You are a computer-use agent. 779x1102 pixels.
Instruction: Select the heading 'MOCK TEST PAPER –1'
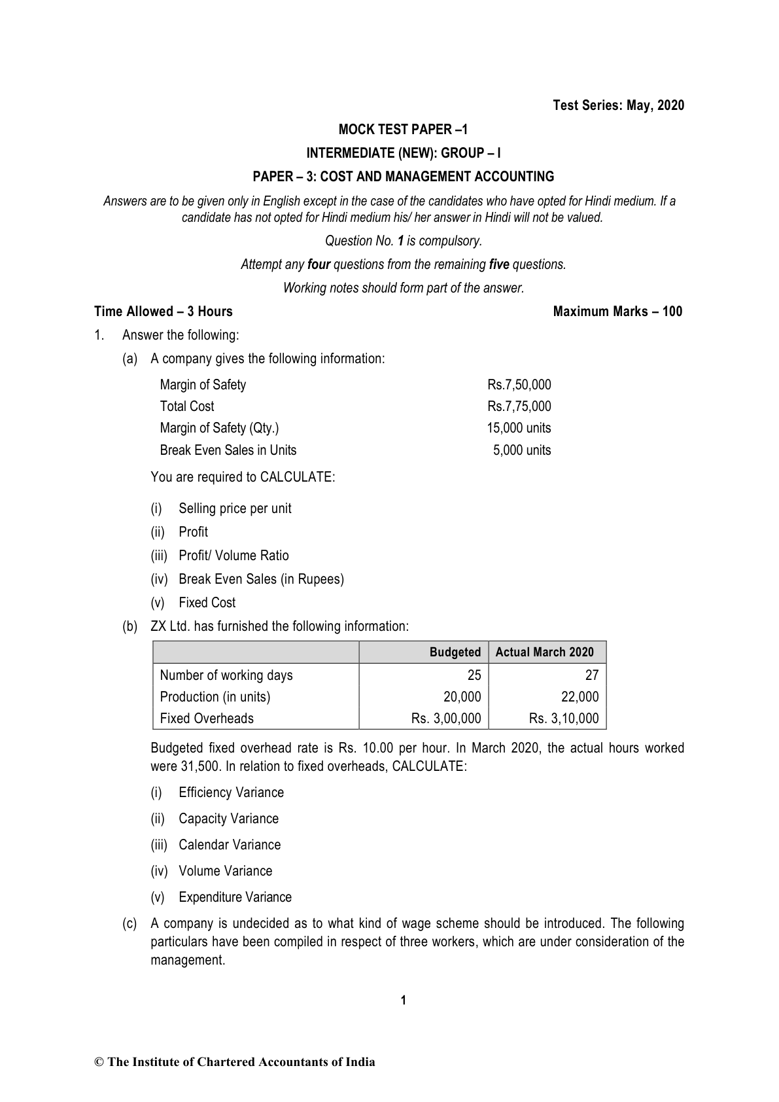coord(403,130)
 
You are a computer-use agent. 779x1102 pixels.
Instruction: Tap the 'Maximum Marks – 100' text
coord(617,311)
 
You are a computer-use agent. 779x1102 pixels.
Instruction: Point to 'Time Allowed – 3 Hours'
coord(164,311)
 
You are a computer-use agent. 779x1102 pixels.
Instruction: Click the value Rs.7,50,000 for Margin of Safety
coord(519,385)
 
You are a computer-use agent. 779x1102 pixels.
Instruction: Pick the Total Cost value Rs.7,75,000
coord(519,406)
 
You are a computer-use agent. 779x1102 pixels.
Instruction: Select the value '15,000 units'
coord(519,428)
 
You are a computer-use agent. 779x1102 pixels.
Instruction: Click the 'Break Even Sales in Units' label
coord(228,450)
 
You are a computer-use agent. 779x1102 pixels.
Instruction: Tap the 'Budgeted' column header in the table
coord(455,652)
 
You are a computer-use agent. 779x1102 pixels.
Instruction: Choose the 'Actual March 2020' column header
coord(545,652)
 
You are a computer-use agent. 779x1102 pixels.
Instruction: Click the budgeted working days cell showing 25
coord(474,675)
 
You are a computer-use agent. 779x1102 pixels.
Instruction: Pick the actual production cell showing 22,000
coord(580,697)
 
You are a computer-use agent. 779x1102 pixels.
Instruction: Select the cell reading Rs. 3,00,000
coord(446,719)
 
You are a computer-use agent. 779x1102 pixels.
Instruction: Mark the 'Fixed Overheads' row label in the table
coord(207,719)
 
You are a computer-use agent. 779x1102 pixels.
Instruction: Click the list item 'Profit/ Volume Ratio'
coord(234,556)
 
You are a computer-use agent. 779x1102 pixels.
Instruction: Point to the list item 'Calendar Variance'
coord(230,845)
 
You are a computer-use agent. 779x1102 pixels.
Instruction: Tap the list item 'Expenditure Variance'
coord(235,897)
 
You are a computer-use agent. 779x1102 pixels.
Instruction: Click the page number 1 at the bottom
coord(403,1001)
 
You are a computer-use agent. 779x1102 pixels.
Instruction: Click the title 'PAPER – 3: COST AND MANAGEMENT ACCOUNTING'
coord(403,177)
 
